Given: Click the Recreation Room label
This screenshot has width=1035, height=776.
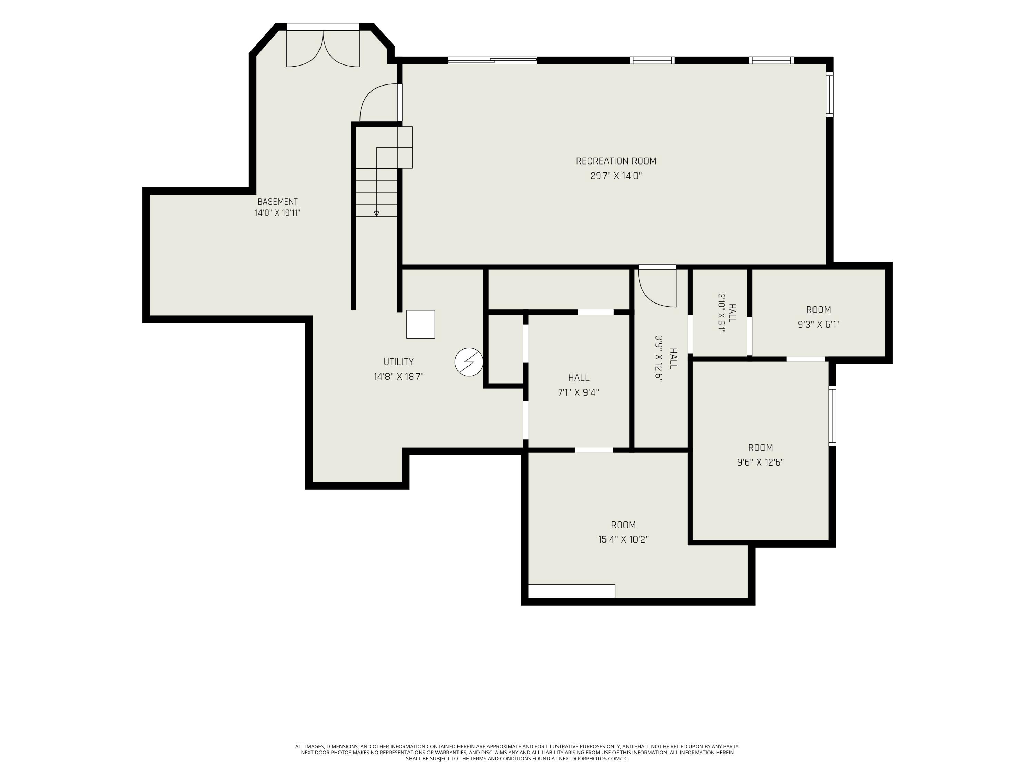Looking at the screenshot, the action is (616, 161).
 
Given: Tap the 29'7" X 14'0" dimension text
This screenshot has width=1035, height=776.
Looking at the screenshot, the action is (616, 176).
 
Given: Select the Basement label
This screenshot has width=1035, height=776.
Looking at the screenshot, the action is (277, 202).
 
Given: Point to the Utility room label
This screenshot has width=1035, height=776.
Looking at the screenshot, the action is (399, 361).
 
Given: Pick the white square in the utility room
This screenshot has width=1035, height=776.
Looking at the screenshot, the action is (421, 324).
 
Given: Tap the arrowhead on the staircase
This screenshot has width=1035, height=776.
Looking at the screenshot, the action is (377, 213).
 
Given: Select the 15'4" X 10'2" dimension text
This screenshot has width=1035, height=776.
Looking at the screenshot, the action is (623, 539).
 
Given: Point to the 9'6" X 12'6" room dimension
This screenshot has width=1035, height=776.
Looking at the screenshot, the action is (760, 462).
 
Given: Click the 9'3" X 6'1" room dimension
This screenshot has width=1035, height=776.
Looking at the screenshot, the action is (818, 324).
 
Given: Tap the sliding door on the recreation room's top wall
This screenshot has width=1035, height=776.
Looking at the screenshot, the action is (492, 60).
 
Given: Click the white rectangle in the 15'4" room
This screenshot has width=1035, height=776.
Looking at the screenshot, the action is (571, 591).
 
